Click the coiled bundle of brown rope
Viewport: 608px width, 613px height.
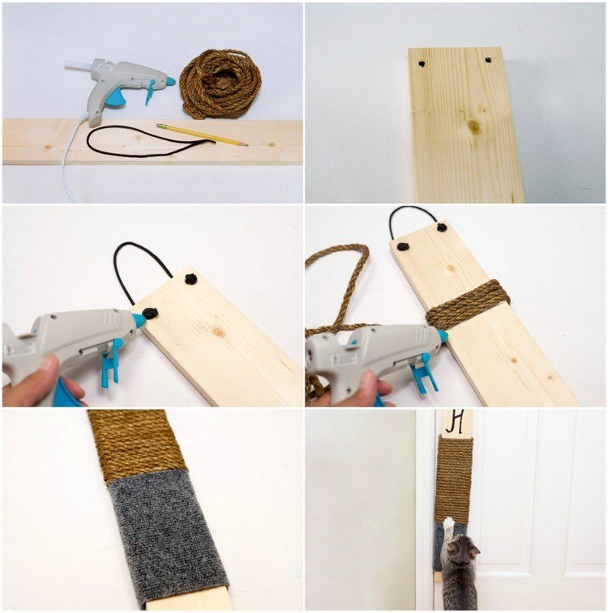coord(220,83)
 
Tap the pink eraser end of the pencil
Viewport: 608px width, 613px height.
coord(161,126)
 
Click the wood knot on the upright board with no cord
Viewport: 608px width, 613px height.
coord(474,126)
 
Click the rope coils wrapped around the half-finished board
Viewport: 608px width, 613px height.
coord(468,304)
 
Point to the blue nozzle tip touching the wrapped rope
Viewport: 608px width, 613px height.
coord(443,335)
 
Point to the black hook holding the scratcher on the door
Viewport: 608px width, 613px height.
coord(456,421)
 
